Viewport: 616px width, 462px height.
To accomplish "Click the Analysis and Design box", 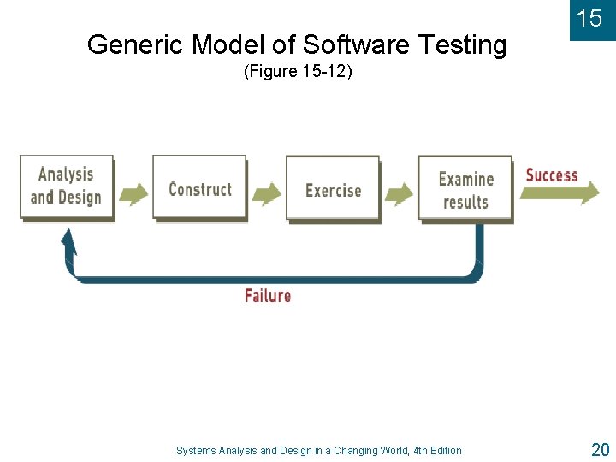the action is [66, 187].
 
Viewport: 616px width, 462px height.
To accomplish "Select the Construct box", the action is [199, 188].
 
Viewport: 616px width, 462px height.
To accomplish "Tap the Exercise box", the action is [333, 189].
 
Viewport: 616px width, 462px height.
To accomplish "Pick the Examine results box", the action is [465, 190].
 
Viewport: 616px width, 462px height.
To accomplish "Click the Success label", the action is [552, 175].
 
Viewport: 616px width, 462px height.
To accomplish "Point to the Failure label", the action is [268, 296].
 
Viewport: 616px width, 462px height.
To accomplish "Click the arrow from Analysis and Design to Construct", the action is [133, 193].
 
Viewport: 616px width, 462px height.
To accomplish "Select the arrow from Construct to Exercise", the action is [266, 193].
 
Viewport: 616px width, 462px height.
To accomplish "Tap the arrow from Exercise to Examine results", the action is [399, 193].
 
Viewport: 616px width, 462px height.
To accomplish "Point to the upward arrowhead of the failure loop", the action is [68, 240].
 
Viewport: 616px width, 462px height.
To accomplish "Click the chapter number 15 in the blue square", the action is [589, 19].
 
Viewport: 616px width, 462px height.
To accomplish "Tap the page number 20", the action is [600, 449].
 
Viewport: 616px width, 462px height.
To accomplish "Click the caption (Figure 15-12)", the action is [298, 72].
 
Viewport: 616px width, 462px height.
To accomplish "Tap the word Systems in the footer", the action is [196, 451].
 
